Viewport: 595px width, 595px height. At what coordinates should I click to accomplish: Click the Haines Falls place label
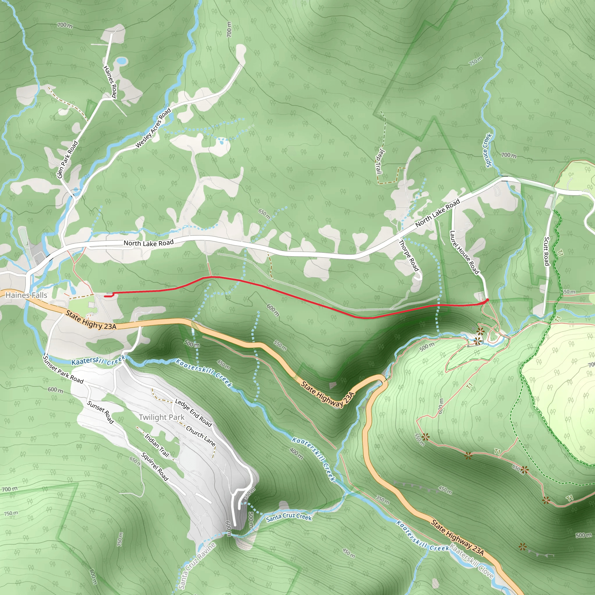click(x=26, y=295)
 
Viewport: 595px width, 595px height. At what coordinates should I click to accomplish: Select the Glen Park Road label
click(x=67, y=159)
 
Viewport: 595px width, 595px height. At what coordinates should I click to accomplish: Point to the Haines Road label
click(x=110, y=82)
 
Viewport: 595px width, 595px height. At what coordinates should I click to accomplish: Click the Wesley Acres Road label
click(x=153, y=128)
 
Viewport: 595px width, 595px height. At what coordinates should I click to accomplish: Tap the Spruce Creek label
click(x=487, y=150)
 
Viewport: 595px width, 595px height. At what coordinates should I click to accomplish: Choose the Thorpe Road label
click(x=409, y=255)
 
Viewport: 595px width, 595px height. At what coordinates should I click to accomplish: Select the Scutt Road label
click(x=547, y=251)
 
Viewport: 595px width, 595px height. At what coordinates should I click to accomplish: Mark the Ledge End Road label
click(x=193, y=413)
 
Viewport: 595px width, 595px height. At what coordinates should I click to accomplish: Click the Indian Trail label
click(x=157, y=445)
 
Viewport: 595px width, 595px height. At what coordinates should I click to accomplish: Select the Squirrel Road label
click(x=155, y=467)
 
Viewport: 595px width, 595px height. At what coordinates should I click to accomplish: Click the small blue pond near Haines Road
click(x=122, y=61)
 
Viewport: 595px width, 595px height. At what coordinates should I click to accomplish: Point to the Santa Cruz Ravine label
click(x=197, y=566)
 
